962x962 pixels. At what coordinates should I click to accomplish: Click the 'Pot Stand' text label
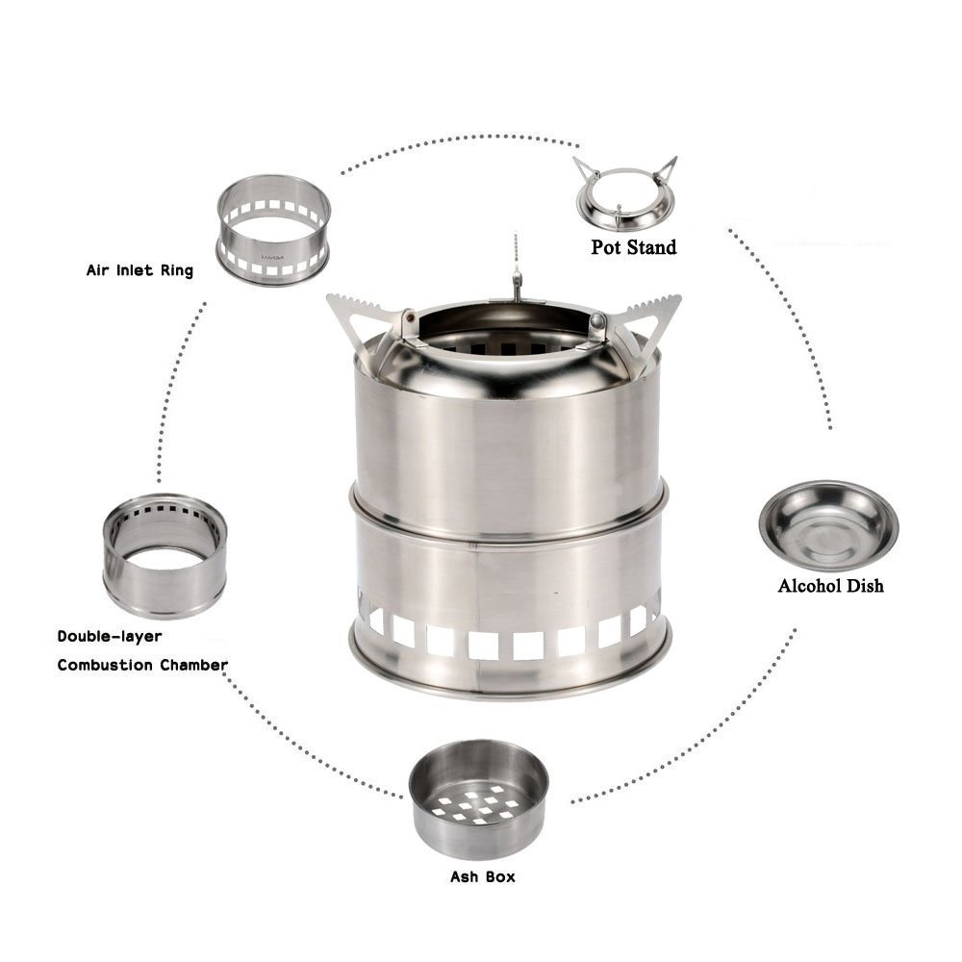(x=634, y=247)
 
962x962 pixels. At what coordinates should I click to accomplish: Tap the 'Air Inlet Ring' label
(x=139, y=270)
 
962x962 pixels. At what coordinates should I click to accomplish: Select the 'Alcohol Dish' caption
(x=831, y=586)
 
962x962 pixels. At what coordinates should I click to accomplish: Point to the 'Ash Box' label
(x=482, y=876)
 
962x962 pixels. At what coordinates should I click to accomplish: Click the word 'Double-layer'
(x=110, y=636)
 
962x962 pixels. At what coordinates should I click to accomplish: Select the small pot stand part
(x=626, y=194)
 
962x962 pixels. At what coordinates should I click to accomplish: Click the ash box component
(x=478, y=798)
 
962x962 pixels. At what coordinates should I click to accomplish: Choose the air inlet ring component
(x=273, y=231)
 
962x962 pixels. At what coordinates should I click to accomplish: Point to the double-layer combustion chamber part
(x=165, y=556)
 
